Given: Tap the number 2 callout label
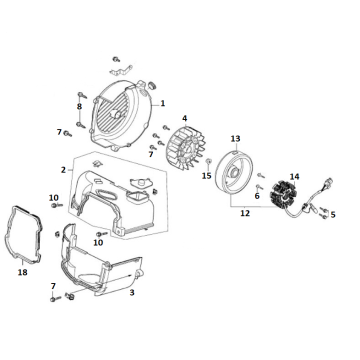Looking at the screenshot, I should tap(63, 170).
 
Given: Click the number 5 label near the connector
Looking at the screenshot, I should tap(333, 214).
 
